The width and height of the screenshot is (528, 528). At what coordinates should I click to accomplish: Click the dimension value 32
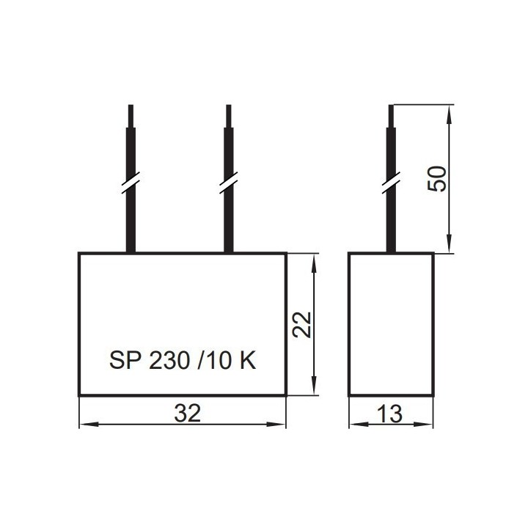[x=187, y=413]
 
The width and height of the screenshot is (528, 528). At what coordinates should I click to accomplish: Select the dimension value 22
[x=301, y=325]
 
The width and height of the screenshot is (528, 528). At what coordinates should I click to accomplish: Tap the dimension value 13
[x=389, y=414]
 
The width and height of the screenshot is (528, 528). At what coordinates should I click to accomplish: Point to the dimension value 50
[x=437, y=178]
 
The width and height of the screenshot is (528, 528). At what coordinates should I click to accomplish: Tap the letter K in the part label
[x=248, y=360]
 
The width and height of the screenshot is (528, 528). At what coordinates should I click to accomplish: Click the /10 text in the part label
[x=214, y=360]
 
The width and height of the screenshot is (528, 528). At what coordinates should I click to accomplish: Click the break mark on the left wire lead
[x=131, y=183]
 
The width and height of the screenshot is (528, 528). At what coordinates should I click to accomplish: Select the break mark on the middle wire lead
[x=228, y=183]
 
